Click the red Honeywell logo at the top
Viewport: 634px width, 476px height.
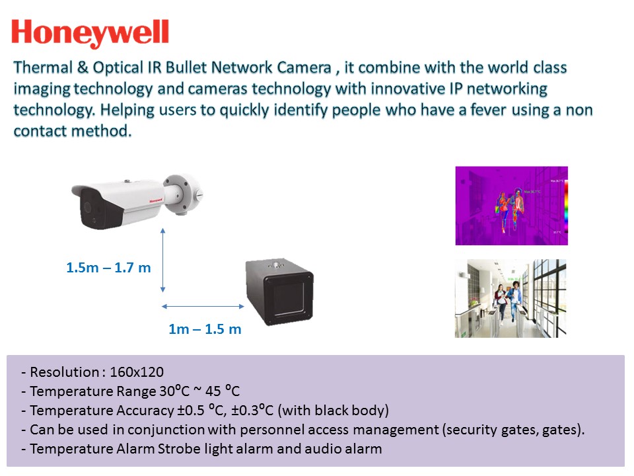click(90, 34)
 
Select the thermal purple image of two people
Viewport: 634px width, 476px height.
click(511, 206)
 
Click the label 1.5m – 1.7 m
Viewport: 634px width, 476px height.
click(108, 268)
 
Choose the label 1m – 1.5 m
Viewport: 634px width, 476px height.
click(205, 329)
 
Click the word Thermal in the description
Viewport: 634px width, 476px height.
click(39, 68)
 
